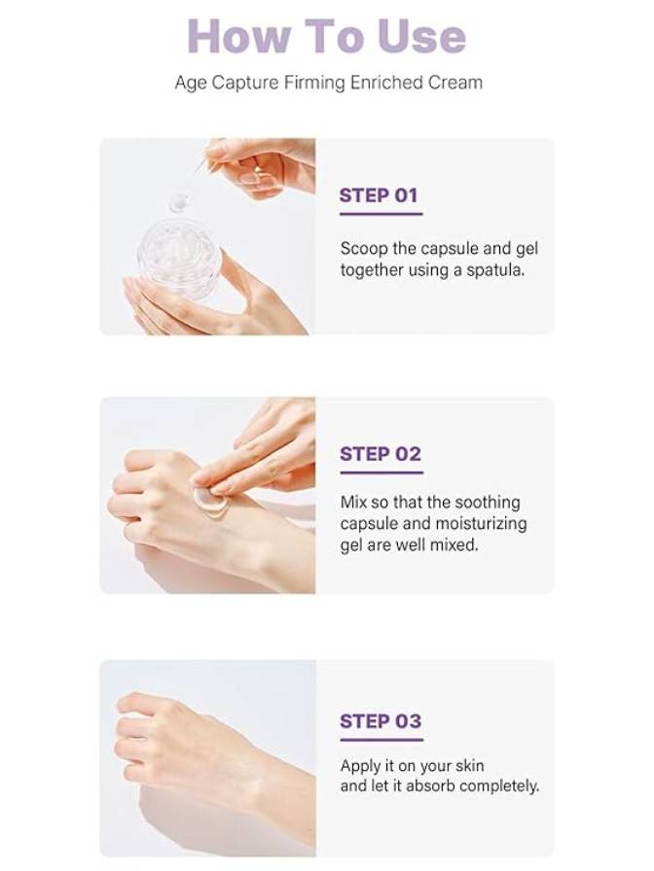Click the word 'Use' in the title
[421, 37]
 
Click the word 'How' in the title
[239, 37]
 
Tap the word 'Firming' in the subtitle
[314, 83]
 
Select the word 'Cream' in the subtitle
[454, 83]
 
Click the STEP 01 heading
[379, 195]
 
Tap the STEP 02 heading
[381, 454]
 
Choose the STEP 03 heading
[381, 721]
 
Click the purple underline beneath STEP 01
[381, 214]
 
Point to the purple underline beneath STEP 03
[381, 740]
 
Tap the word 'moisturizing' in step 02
[480, 524]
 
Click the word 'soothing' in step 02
[488, 503]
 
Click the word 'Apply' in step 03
[360, 765]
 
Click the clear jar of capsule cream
[179, 259]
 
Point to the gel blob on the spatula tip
[179, 202]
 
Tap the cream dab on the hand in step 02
[211, 502]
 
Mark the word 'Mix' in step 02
[353, 503]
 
